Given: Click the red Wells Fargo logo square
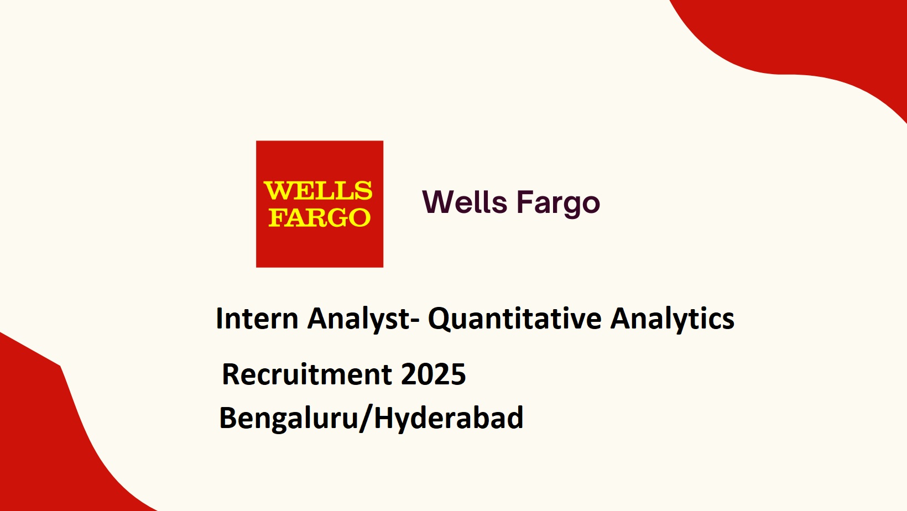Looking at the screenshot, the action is point(320,204).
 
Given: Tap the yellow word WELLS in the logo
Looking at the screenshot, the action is point(318,191).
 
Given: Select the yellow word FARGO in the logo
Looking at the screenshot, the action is point(320,217).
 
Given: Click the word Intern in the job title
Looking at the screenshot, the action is point(257,318).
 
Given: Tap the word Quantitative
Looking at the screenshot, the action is point(515,319).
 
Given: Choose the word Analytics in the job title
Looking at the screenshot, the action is point(672,320).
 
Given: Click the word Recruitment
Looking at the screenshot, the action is point(307,374).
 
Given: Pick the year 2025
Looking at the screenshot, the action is point(433,374).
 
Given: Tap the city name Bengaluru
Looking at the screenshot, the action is point(289,419).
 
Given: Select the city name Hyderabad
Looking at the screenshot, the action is point(449,419).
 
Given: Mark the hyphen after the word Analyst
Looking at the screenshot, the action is point(415,322).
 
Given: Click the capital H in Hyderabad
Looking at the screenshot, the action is point(385,418).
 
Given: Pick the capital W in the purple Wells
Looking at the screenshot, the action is point(439,202).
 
